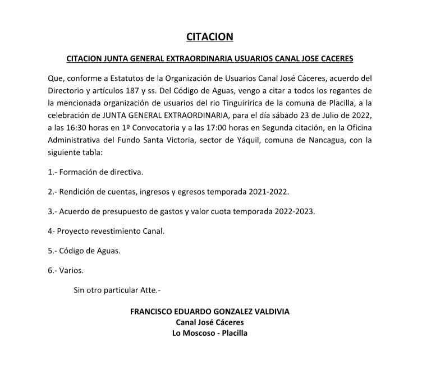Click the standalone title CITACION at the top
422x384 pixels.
tap(209, 38)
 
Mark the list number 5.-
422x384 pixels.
tap(54, 251)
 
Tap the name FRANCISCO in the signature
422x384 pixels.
tap(154, 311)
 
